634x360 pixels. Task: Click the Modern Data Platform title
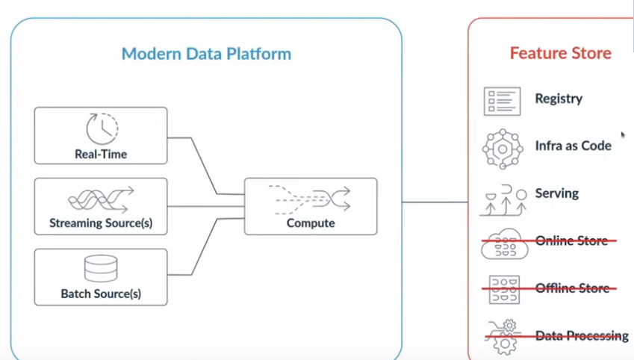click(x=206, y=54)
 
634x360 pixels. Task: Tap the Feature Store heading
click(x=560, y=53)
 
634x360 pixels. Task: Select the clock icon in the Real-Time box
click(x=102, y=128)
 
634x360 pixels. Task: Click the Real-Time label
click(x=101, y=155)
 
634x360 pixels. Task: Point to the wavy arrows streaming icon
click(x=101, y=199)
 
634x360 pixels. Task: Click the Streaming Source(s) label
click(x=101, y=223)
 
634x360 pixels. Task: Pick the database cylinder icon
click(x=101, y=269)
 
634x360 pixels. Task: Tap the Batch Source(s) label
click(x=101, y=294)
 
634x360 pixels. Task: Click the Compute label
click(x=311, y=223)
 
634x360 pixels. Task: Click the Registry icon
click(x=502, y=101)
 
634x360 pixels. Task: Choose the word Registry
click(x=559, y=99)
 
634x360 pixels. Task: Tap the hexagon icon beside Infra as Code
click(x=503, y=149)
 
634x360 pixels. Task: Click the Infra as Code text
click(x=573, y=146)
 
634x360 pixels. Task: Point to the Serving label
click(x=556, y=193)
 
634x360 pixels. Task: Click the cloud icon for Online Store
click(x=505, y=244)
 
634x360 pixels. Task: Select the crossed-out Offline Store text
click(x=572, y=288)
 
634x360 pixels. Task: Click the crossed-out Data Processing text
click(x=582, y=336)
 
